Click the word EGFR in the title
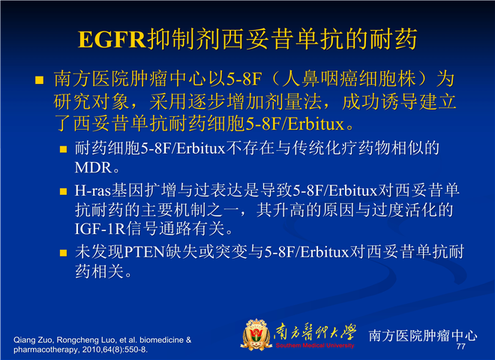pyautogui.click(x=112, y=40)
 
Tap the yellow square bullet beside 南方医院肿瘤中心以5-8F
pyautogui.click(x=40, y=80)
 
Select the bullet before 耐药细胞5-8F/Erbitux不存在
pyautogui.click(x=64, y=149)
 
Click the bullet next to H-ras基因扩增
pyautogui.click(x=64, y=191)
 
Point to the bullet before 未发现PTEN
pyautogui.click(x=64, y=253)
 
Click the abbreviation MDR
pyautogui.click(x=93, y=168)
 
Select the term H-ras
pyautogui.click(x=93, y=190)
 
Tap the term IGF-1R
pyautogui.click(x=100, y=229)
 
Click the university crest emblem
pyautogui.click(x=256, y=334)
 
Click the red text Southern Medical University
pyautogui.click(x=315, y=346)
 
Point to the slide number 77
pyautogui.click(x=461, y=346)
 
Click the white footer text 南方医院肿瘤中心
pyautogui.click(x=423, y=335)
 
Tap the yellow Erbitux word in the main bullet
pyautogui.click(x=316, y=124)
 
